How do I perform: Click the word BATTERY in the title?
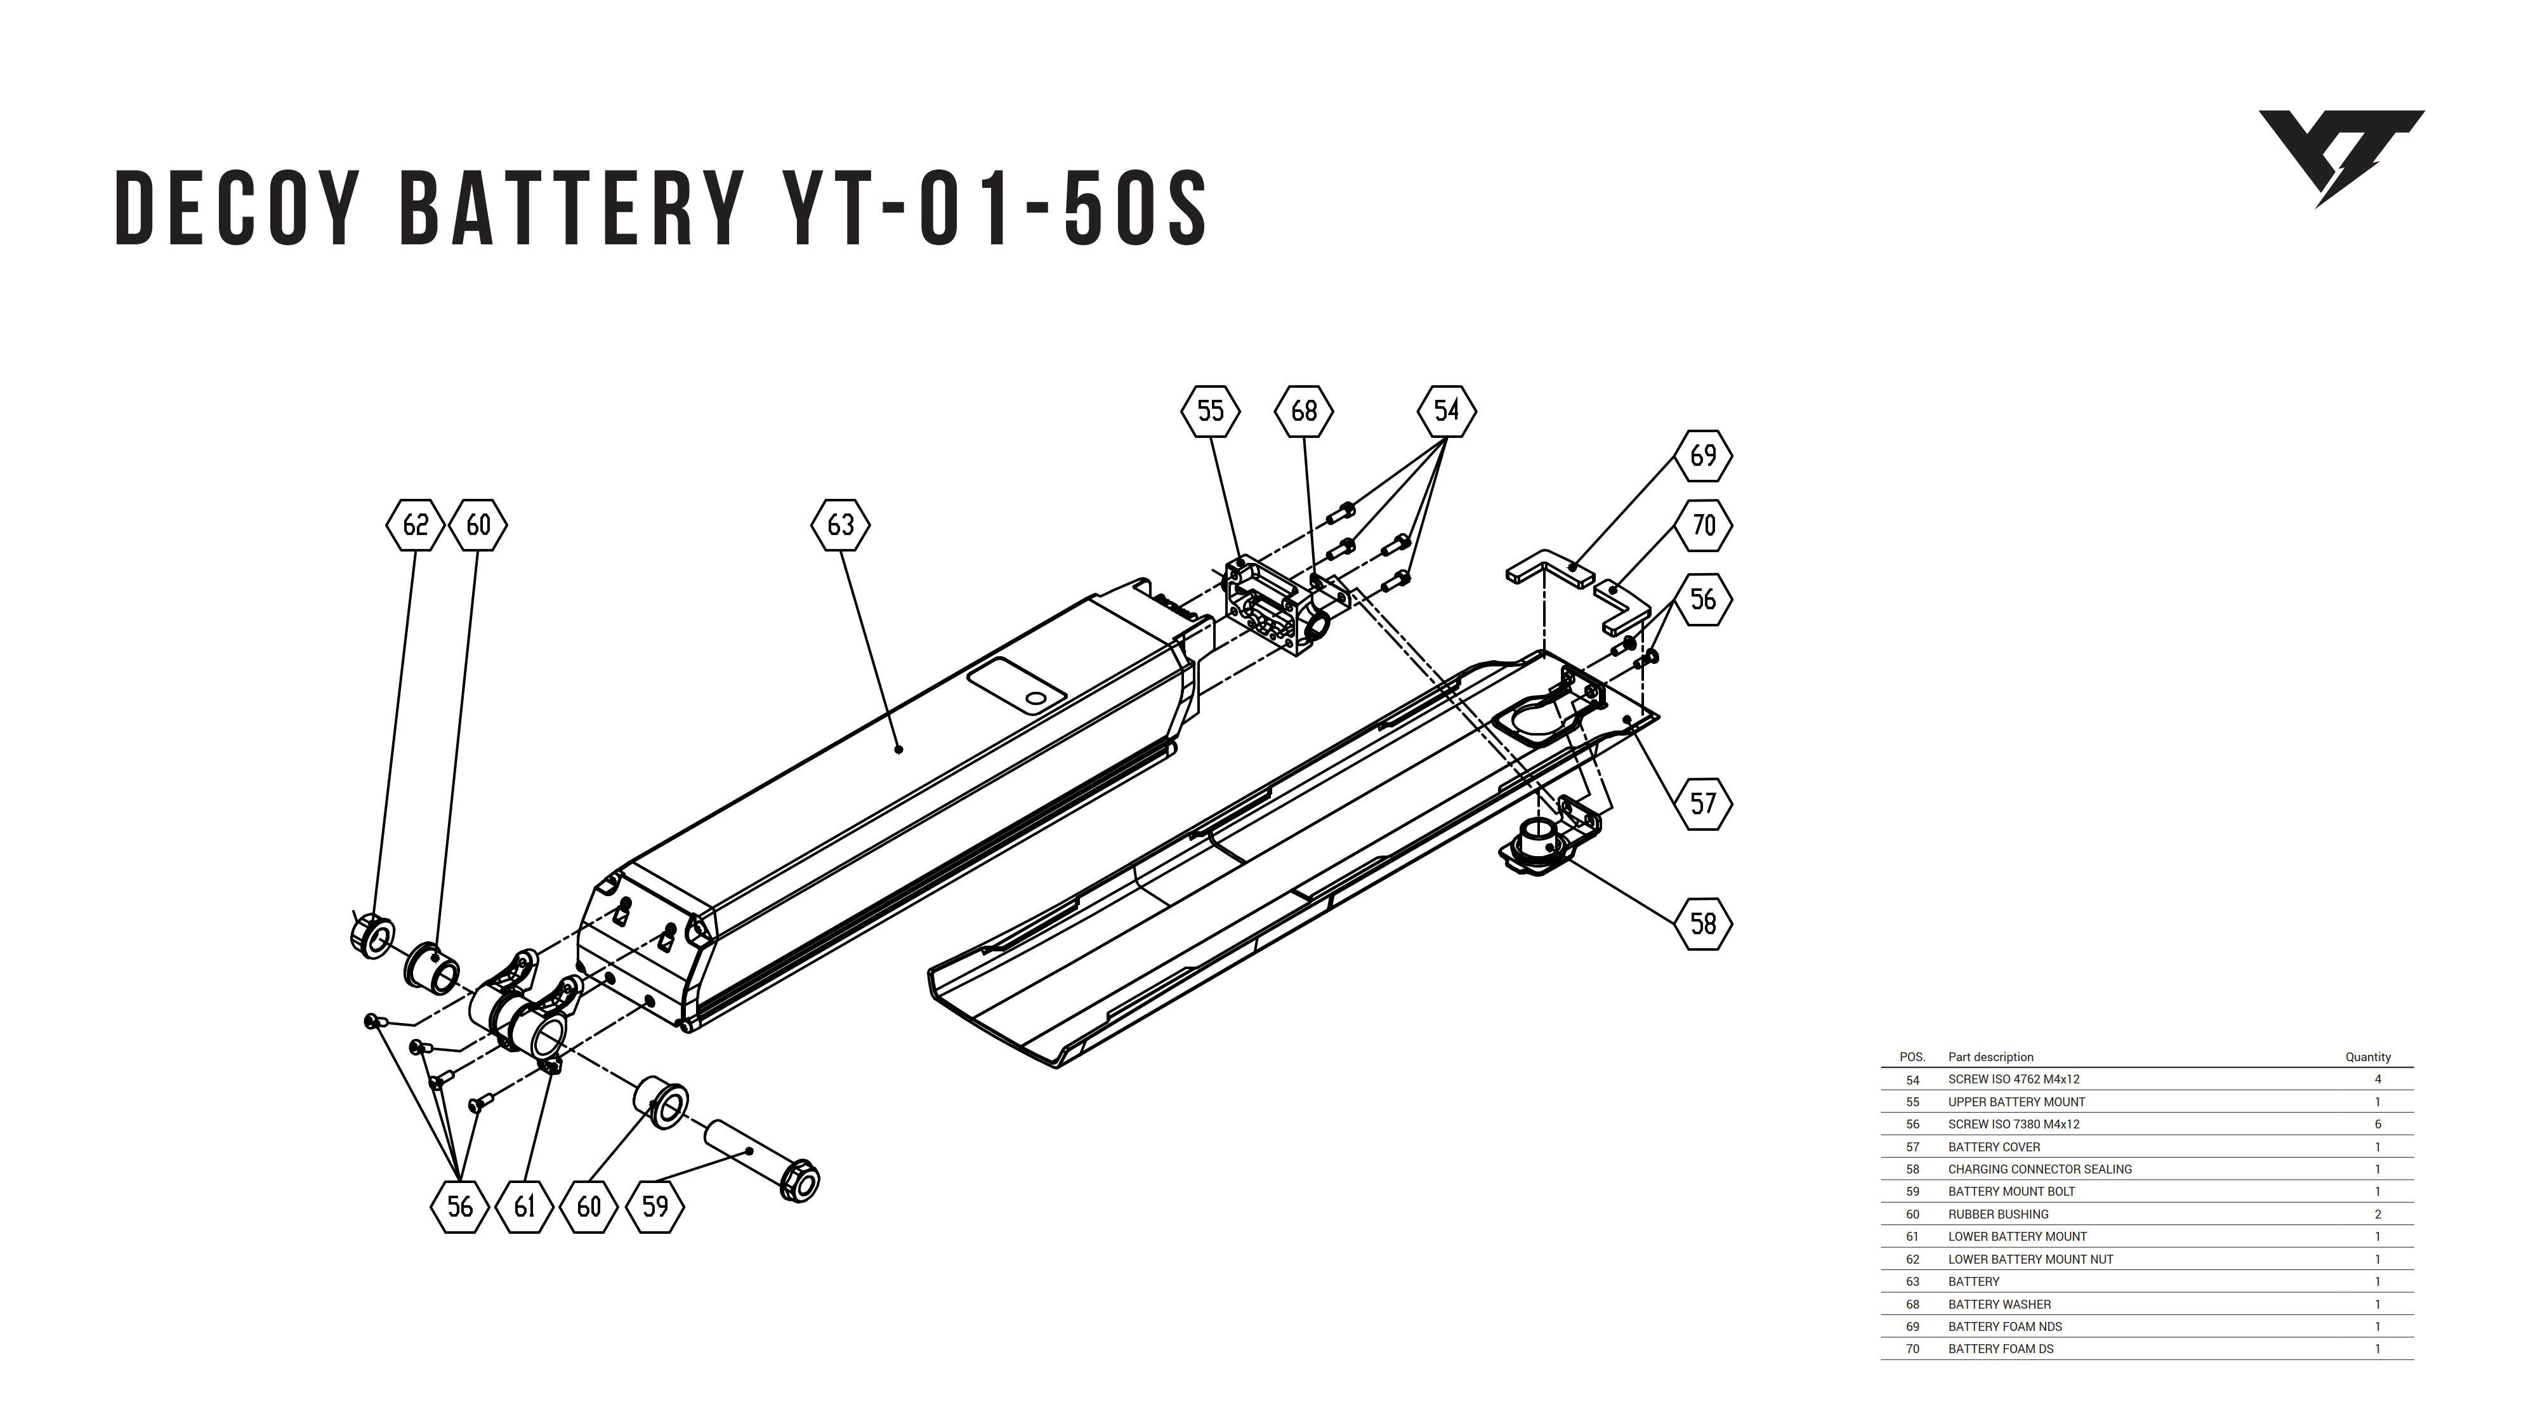click(x=570, y=208)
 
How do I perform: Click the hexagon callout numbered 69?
click(x=1702, y=455)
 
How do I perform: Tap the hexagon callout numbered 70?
click(x=1702, y=526)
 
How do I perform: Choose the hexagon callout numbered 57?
click(x=1702, y=803)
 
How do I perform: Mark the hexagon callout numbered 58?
click(x=1702, y=923)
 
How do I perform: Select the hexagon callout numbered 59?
click(x=654, y=1207)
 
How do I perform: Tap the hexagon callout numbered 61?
click(x=524, y=1207)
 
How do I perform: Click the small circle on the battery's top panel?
click(x=1036, y=699)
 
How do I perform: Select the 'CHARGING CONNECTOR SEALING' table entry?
click(x=2039, y=1169)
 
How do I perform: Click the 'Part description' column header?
click(x=1990, y=1057)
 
